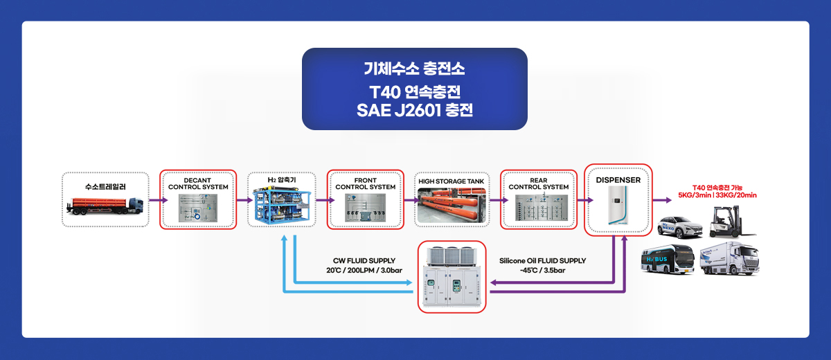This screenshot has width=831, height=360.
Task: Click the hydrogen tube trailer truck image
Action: pyautogui.click(x=105, y=206)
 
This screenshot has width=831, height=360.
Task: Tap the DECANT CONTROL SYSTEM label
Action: pyautogui.click(x=198, y=183)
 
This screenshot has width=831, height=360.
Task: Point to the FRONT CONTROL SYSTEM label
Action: pyautogui.click(x=366, y=183)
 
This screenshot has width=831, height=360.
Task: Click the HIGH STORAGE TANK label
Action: pyautogui.click(x=451, y=181)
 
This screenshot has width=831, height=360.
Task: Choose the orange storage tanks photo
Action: pyautogui.click(x=452, y=206)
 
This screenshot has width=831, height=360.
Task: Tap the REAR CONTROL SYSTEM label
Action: pyautogui.click(x=538, y=183)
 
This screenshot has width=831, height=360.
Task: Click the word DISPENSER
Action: pyautogui.click(x=618, y=180)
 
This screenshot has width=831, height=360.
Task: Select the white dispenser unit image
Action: pyautogui.click(x=618, y=206)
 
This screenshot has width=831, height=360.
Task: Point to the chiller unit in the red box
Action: pyautogui.click(x=452, y=277)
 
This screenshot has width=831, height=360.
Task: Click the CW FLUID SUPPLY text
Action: pyautogui.click(x=364, y=260)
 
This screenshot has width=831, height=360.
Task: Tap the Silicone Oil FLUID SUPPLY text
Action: pyautogui.click(x=542, y=260)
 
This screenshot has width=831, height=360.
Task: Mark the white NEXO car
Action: pyautogui.click(x=679, y=227)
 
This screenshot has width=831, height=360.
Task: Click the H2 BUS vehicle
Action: pyautogui.click(x=668, y=259)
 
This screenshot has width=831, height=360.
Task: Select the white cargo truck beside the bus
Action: pyautogui.click(x=729, y=258)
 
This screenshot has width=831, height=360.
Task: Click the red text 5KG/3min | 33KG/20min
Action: pyautogui.click(x=717, y=195)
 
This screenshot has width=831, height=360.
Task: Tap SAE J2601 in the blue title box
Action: pyautogui.click(x=399, y=110)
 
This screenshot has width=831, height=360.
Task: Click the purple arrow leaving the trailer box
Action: pyautogui.click(x=159, y=200)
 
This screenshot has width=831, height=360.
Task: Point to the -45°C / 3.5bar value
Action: pyautogui.click(x=542, y=270)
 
